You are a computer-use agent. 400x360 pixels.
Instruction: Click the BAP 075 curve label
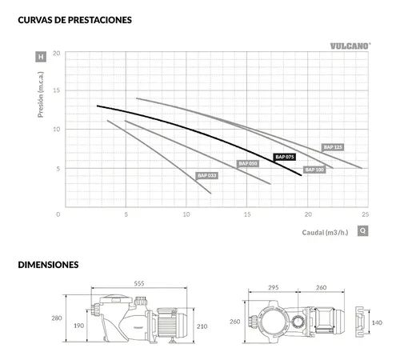[285, 157]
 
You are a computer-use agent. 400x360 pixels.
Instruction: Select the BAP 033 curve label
[207, 175]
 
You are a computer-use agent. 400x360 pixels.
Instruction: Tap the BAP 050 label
[248, 163]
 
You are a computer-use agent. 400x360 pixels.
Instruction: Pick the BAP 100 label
[314, 170]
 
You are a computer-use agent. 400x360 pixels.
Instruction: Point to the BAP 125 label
[333, 147]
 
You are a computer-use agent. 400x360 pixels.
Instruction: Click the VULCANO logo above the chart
[350, 46]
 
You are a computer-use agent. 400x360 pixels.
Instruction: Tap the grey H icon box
[41, 57]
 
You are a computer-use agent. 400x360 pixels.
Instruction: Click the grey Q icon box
[362, 230]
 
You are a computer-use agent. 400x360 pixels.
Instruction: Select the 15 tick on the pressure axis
[57, 90]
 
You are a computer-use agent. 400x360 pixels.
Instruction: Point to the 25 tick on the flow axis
[366, 214]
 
